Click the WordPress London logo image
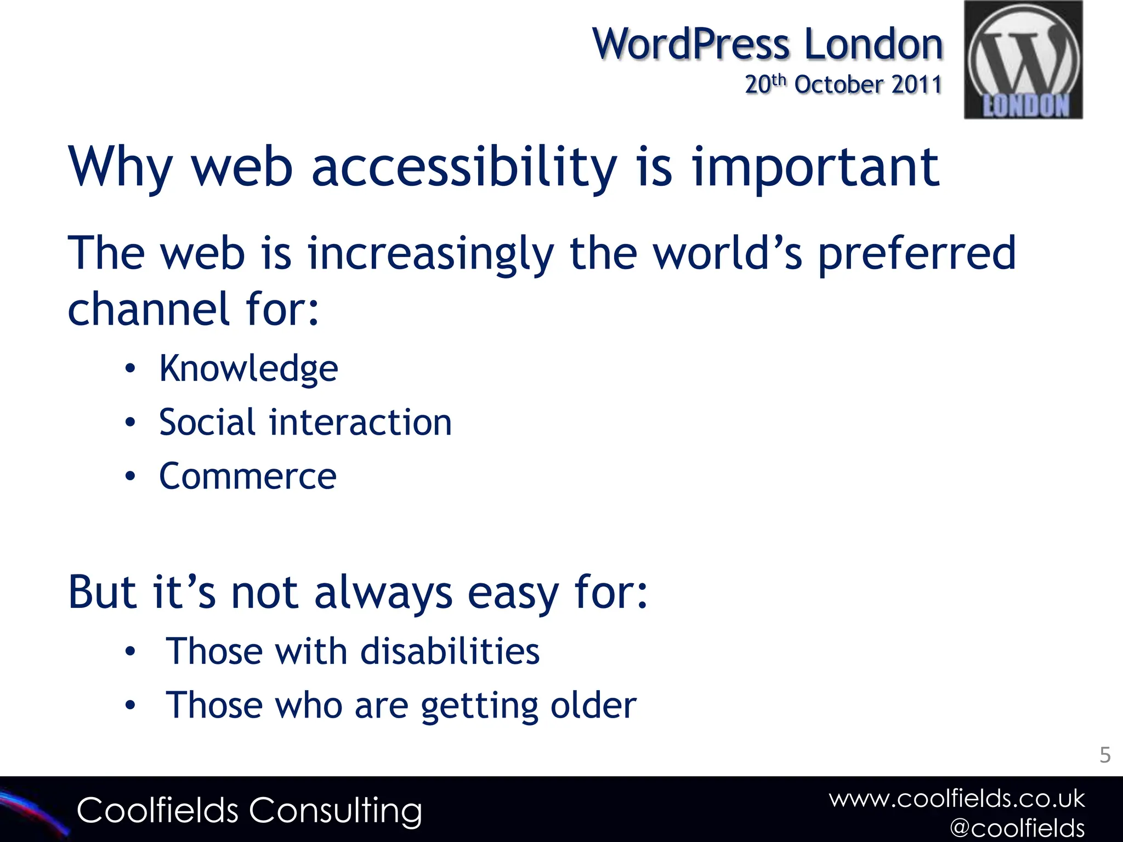1023,60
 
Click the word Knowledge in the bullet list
248,369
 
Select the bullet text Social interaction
305,423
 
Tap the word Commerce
248,476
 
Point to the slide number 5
1105,755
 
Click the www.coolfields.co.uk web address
957,799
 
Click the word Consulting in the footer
336,811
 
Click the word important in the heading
815,167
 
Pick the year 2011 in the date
916,85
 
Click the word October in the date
839,85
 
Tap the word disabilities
450,652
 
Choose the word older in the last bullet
593,706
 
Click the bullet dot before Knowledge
130,369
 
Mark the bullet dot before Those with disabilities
130,652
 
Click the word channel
148,309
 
